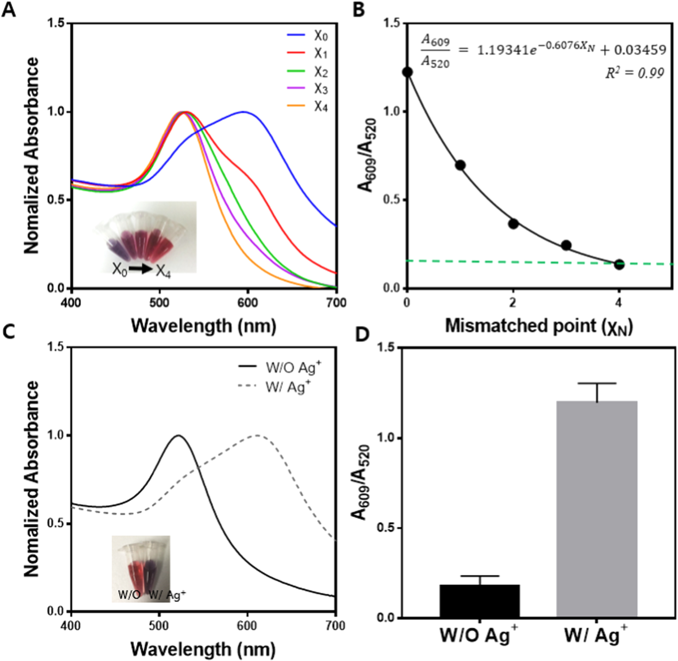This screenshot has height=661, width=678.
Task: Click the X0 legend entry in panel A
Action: coord(307,35)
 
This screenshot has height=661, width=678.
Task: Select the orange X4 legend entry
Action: coord(307,106)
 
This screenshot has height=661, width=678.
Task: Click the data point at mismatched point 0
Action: coord(407,72)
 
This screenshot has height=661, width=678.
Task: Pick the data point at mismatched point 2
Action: coord(513,224)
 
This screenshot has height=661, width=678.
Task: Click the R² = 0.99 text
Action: coord(634,73)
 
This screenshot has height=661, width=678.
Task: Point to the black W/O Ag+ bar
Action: coord(479,601)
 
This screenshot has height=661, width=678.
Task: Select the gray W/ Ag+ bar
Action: coord(597,509)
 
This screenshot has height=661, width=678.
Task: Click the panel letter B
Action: coord(359,9)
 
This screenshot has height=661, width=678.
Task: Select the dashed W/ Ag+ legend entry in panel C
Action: coord(274,386)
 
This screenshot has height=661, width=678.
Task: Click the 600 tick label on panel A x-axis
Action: coord(247,302)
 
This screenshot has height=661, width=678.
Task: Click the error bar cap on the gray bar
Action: coord(597,383)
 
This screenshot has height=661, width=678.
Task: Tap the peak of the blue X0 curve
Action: coord(244,112)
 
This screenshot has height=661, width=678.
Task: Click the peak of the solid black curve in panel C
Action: coord(178,435)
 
